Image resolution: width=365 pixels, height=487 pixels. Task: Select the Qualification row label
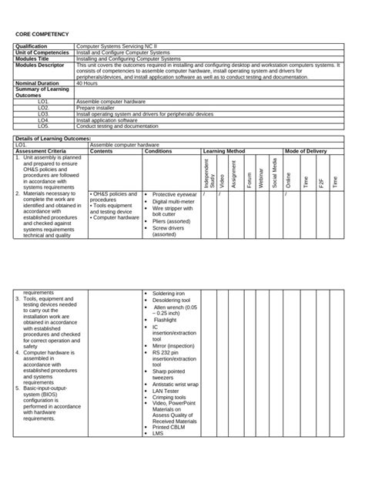(x=32, y=47)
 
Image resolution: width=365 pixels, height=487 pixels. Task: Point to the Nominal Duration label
(x=37, y=83)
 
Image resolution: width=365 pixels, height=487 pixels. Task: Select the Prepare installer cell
(x=95, y=108)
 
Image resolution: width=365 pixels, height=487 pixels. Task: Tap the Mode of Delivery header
(x=306, y=151)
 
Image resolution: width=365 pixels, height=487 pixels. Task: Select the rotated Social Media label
(x=274, y=173)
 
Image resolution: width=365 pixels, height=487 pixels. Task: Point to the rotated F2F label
(x=321, y=182)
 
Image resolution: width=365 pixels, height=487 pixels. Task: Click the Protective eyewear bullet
(x=174, y=195)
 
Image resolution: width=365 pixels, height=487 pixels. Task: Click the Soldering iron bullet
(x=169, y=294)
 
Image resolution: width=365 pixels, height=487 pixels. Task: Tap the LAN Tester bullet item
(x=166, y=391)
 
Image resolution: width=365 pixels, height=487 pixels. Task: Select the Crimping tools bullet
(x=169, y=398)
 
